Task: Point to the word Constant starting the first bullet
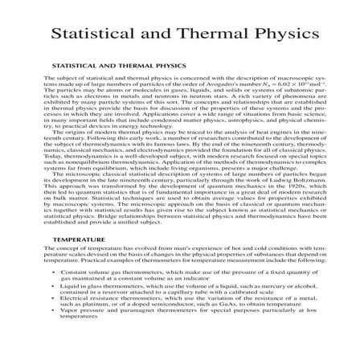click(x=78, y=272)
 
